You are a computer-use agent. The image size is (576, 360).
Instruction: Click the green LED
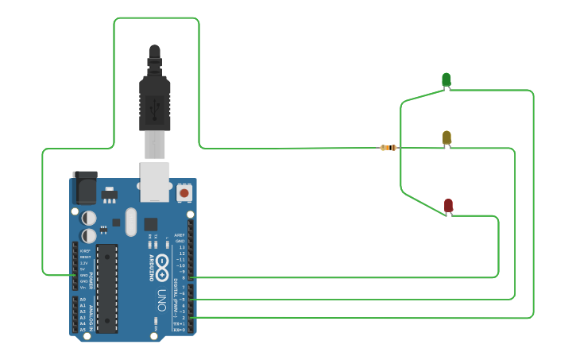[446, 79]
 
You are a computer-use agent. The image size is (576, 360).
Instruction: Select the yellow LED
[446, 138]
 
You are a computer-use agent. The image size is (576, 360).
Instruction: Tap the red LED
[448, 206]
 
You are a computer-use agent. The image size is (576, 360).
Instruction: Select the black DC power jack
[84, 188]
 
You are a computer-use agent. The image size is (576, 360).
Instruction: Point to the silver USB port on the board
[156, 181]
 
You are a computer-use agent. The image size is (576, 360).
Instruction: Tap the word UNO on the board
[161, 301]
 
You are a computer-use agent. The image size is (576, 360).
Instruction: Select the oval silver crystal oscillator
[131, 223]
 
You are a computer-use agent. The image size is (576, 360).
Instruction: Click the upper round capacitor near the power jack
[90, 217]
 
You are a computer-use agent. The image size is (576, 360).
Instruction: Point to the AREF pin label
[180, 236]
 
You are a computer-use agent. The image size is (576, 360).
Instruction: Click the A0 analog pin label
[83, 300]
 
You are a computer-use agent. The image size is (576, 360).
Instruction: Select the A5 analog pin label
[83, 329]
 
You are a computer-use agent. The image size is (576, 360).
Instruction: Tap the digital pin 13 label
[181, 247]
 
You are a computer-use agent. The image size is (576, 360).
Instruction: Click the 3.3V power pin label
[84, 262]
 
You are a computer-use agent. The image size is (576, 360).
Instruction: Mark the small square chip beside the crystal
[150, 224]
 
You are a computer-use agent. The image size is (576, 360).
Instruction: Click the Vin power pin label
[83, 287]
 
